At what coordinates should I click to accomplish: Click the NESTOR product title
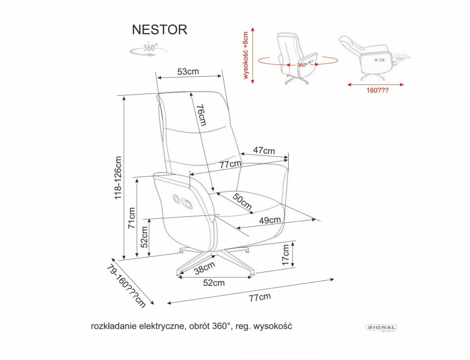point(160,29)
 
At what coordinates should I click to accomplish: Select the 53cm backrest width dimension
point(188,72)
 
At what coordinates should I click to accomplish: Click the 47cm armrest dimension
point(264,150)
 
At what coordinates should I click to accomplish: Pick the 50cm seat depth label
point(242,201)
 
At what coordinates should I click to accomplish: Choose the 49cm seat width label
point(270,220)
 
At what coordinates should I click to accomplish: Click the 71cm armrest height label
point(132,217)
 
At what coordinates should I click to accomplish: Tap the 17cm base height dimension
point(287,254)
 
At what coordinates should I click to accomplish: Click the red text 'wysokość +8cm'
point(246,55)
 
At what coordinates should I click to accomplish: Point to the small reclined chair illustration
point(373,56)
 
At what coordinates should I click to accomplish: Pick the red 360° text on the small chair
point(302,65)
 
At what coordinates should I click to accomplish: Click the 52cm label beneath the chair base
point(214,283)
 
